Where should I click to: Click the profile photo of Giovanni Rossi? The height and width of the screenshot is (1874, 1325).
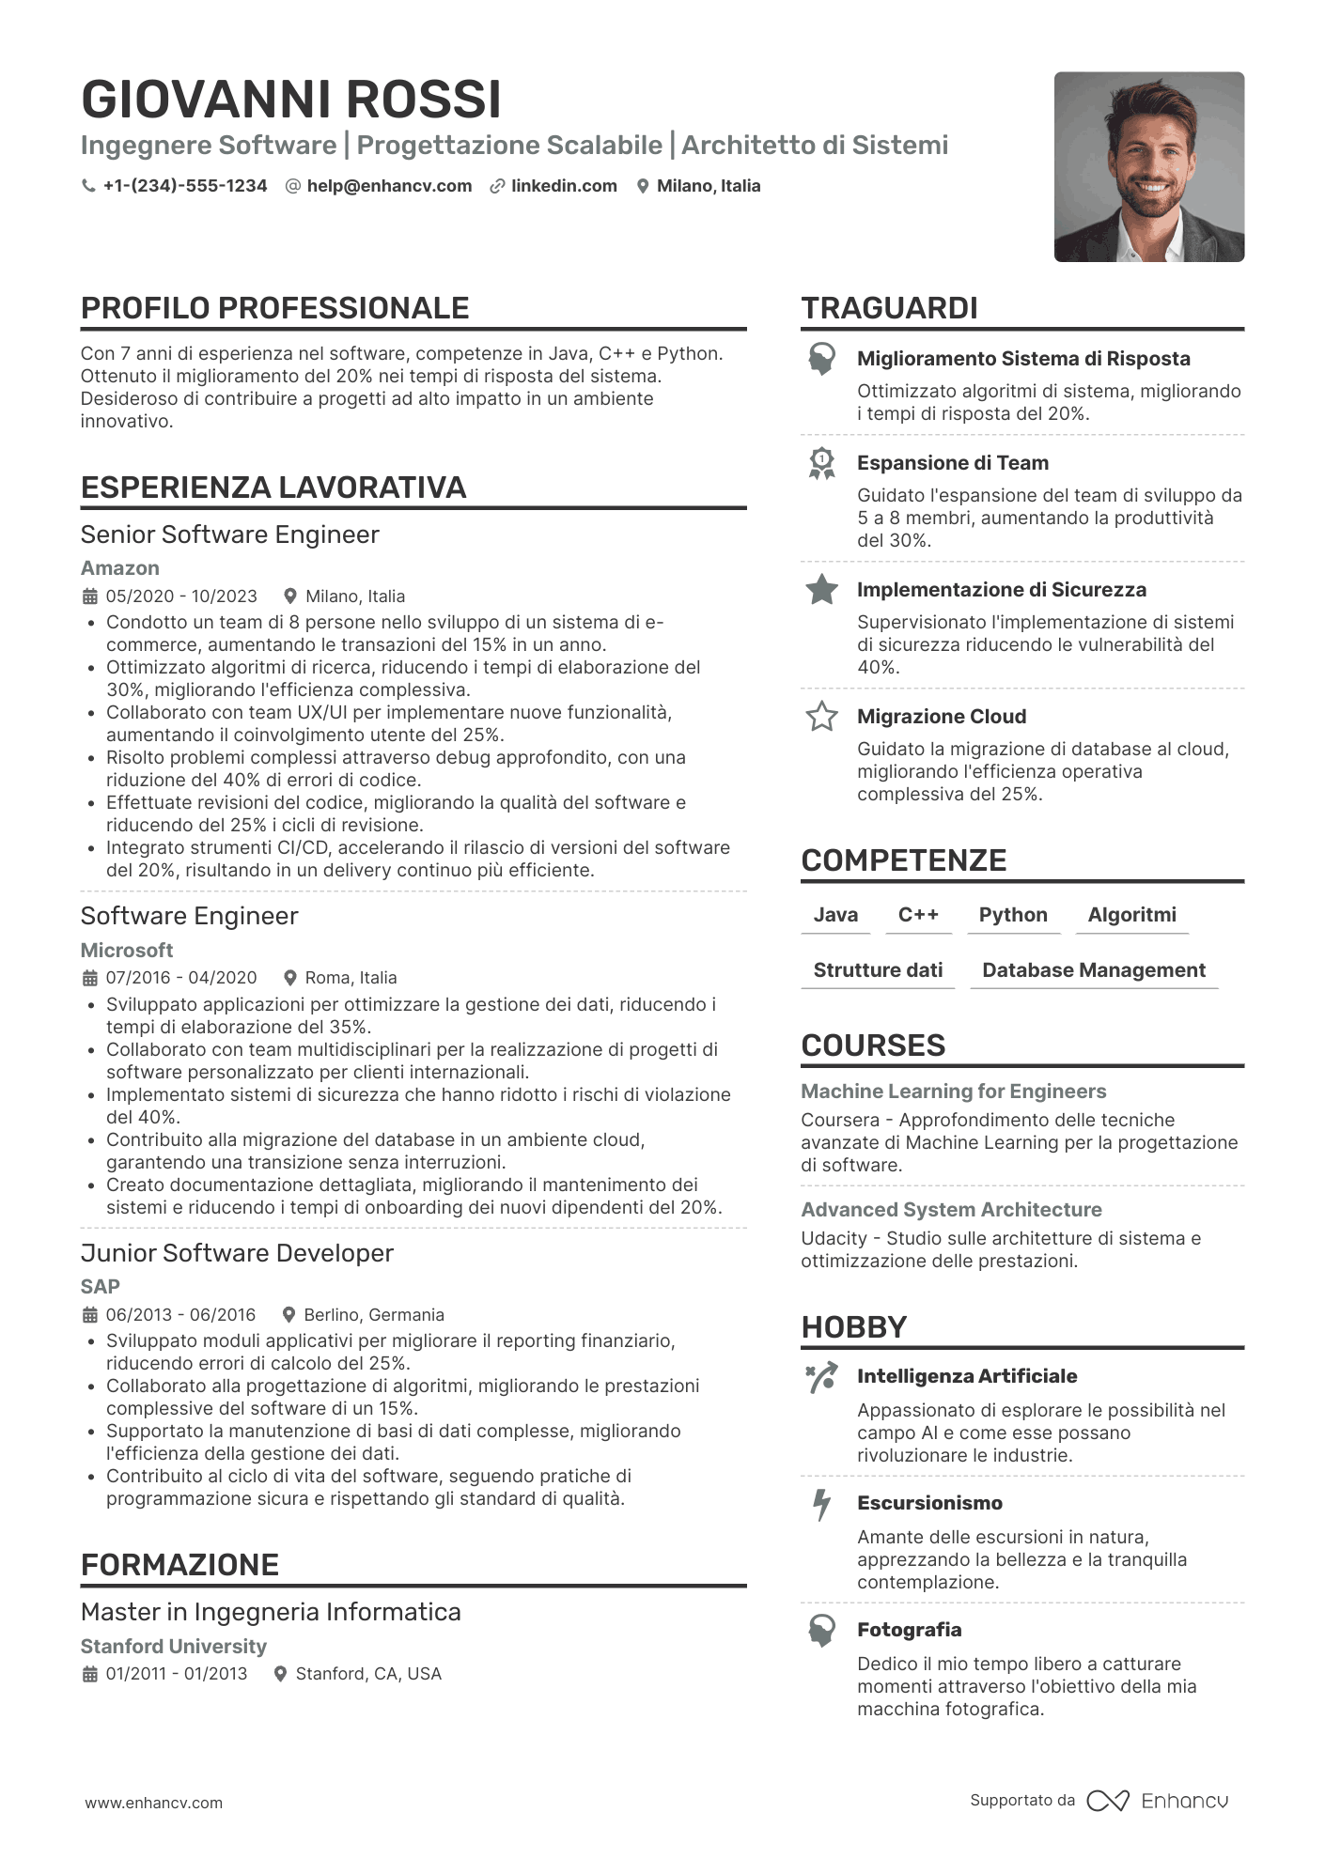coord(1148,167)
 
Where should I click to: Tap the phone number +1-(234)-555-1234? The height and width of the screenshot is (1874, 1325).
coord(184,186)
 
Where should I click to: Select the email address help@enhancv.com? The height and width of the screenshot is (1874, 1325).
coord(389,186)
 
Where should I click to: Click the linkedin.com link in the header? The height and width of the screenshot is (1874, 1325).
coord(564,186)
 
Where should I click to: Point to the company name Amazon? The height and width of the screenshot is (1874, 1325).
coord(120,568)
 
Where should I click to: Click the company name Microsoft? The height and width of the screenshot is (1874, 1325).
coord(127,950)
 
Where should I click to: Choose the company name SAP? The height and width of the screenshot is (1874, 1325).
coord(101,1286)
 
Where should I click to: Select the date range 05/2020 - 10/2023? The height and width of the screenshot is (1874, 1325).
coord(181,596)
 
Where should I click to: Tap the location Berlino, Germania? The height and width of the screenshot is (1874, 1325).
coord(374,1314)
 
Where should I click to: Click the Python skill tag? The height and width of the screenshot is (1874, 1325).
coord(1013,915)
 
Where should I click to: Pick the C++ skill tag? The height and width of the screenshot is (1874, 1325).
coord(918,915)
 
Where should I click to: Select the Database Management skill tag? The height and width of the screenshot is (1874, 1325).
coord(1094,970)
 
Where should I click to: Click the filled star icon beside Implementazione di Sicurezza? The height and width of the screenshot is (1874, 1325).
coord(822,590)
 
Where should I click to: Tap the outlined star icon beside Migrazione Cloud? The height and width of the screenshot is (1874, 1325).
coord(822,717)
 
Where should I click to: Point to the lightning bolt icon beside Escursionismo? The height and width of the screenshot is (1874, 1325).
coord(822,1504)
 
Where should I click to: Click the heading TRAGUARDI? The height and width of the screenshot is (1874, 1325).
coord(889,308)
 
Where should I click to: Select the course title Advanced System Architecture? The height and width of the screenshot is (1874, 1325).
coord(951,1210)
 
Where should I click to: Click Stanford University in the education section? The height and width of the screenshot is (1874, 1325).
coord(174,1646)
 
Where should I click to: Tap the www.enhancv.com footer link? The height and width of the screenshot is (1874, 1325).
coord(154,1803)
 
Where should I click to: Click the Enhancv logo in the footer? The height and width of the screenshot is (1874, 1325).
coord(1158,1801)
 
